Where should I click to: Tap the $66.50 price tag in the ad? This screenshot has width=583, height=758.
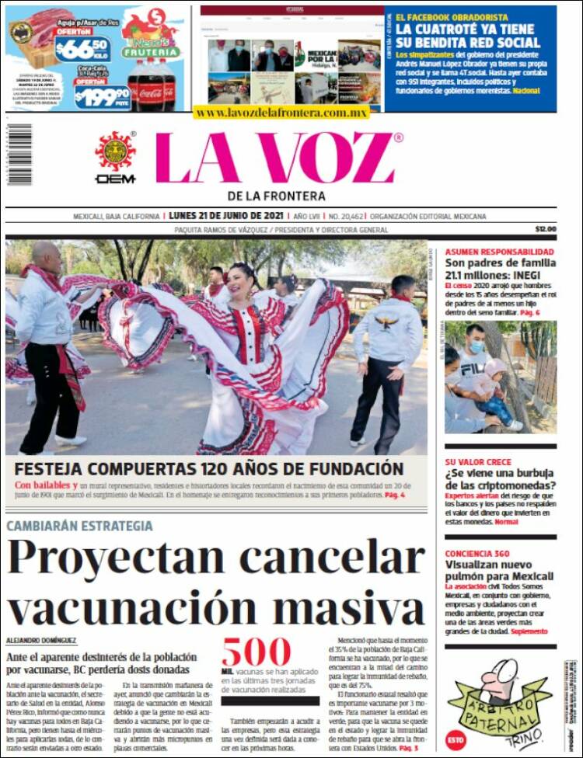click(82, 50)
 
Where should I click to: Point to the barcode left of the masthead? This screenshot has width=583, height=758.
click(19, 155)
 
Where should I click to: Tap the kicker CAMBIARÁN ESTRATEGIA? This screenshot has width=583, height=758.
click(79, 527)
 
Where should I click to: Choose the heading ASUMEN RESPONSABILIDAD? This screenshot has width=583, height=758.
click(500, 252)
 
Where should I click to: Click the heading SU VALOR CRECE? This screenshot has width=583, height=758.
click(478, 462)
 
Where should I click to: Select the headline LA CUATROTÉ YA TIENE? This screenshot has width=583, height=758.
click(474, 29)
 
